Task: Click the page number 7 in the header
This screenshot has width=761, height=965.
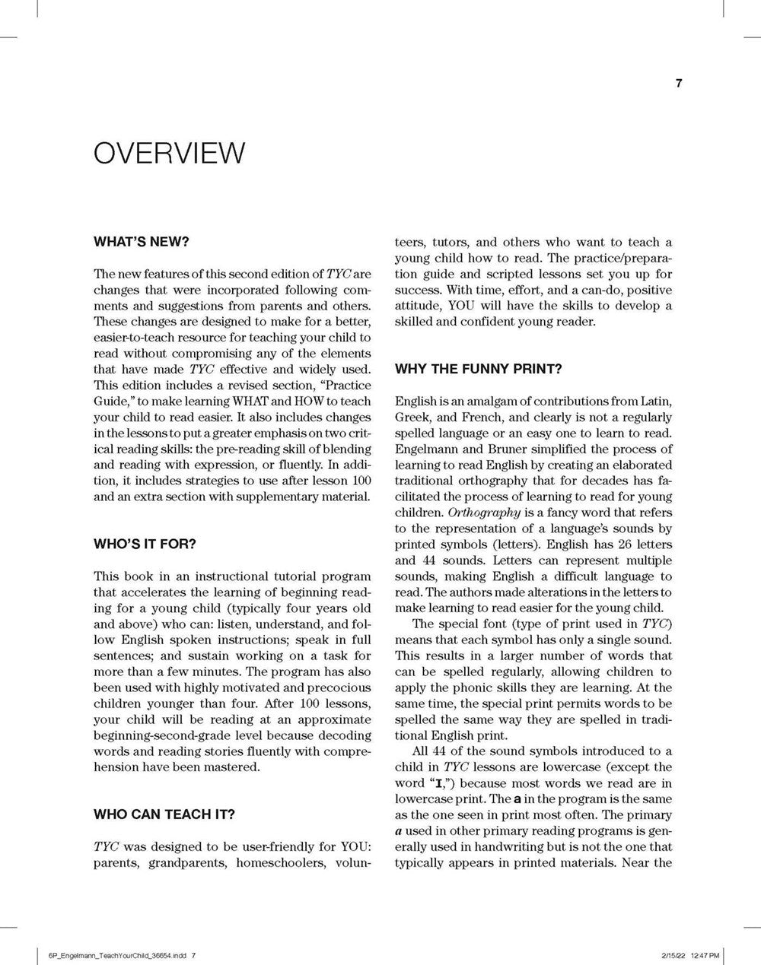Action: pyautogui.click(x=679, y=84)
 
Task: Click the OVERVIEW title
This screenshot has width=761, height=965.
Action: pyautogui.click(x=169, y=152)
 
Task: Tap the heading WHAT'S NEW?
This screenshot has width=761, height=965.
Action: pyautogui.click(x=141, y=242)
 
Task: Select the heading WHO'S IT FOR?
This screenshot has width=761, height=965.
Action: pyautogui.click(x=145, y=544)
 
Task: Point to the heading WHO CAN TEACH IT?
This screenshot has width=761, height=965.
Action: pyautogui.click(x=164, y=814)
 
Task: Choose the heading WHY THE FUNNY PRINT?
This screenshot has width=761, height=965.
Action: pyautogui.click(x=479, y=370)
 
